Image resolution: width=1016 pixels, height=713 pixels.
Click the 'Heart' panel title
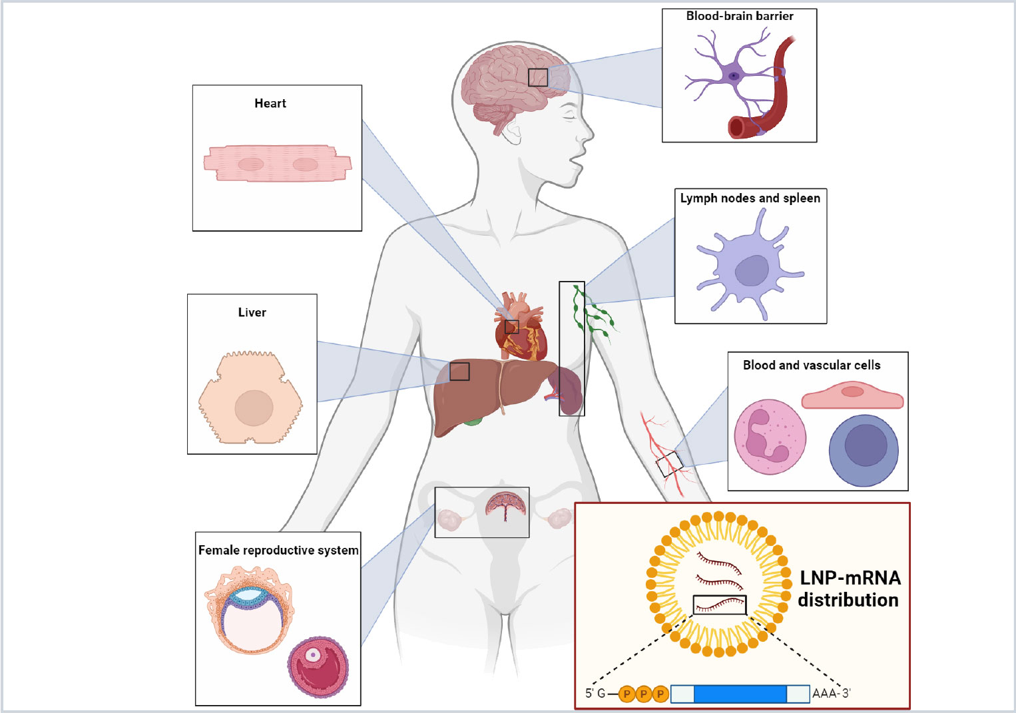click(x=270, y=103)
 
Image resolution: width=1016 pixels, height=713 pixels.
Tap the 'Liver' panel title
click(x=252, y=312)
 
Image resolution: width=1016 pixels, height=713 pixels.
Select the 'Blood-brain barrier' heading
click(x=740, y=16)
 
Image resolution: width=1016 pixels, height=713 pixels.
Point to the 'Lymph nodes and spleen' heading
click(x=750, y=198)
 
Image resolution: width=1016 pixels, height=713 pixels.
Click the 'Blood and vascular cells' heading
click(x=812, y=365)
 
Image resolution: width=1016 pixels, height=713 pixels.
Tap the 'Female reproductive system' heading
click(x=278, y=550)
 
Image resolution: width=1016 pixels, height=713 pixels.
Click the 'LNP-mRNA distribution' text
click(x=849, y=589)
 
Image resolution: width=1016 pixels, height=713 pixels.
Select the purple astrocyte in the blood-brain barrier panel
click(x=733, y=76)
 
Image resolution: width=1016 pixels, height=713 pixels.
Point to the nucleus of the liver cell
click(x=254, y=407)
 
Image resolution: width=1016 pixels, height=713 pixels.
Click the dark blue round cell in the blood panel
click(x=864, y=450)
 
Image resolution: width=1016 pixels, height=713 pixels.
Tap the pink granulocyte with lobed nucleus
click(x=770, y=437)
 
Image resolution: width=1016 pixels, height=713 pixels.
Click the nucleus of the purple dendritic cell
click(x=752, y=270)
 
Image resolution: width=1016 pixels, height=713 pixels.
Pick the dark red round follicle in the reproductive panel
click(x=318, y=667)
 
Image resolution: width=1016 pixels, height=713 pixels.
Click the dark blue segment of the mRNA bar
click(x=740, y=694)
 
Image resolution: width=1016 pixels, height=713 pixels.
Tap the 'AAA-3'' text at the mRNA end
click(x=831, y=694)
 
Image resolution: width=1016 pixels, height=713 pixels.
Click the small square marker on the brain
click(x=538, y=77)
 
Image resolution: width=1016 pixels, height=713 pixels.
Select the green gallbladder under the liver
click(x=472, y=421)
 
